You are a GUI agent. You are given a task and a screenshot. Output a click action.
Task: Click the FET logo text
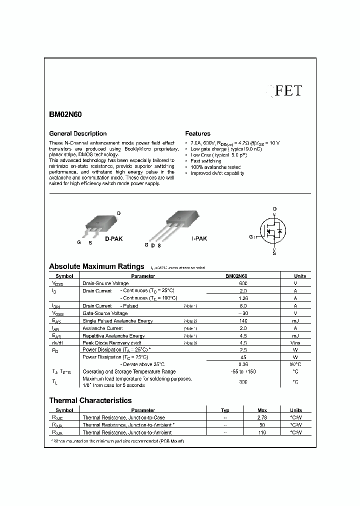[289, 90]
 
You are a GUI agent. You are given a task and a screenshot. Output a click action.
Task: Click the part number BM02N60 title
[65, 114]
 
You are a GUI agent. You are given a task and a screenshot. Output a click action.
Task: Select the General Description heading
[77, 133]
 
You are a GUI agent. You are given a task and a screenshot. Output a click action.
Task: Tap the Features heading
[198, 133]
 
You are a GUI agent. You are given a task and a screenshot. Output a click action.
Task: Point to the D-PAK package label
[113, 239]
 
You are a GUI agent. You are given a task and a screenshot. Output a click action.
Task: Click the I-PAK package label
[199, 239]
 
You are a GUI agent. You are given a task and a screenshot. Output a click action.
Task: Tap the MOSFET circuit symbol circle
[274, 231]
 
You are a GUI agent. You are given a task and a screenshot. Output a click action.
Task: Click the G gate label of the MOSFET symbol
[251, 236]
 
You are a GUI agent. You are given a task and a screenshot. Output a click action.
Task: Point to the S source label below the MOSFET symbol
[274, 253]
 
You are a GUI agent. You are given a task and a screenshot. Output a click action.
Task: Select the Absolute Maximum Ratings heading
[96, 266]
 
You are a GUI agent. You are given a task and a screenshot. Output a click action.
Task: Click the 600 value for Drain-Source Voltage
[243, 283]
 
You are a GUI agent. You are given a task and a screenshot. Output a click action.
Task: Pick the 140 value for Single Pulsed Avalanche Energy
[243, 321]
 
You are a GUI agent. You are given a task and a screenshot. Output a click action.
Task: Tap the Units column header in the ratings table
[300, 276]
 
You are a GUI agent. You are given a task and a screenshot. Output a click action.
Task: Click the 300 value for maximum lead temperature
[243, 381]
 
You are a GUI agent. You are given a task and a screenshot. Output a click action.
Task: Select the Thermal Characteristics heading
[90, 400]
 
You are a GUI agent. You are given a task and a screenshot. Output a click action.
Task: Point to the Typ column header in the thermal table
[225, 410]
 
